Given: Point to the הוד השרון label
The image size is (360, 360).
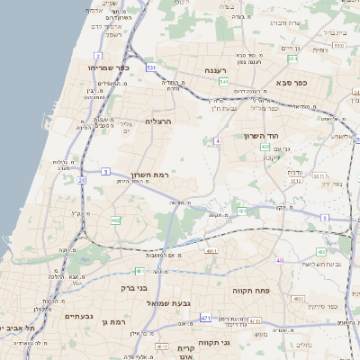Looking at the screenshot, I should click(x=263, y=136).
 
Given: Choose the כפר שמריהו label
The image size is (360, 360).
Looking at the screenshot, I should click(x=109, y=68).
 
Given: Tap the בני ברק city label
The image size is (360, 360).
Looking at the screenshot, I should click(x=134, y=289).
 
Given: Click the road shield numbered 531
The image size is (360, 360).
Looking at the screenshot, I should click(x=151, y=67).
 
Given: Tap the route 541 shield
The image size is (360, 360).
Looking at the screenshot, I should click(x=222, y=81).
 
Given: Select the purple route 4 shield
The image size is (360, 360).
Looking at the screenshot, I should click(x=218, y=140).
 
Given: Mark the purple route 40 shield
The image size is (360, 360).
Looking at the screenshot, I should click(x=280, y=260).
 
